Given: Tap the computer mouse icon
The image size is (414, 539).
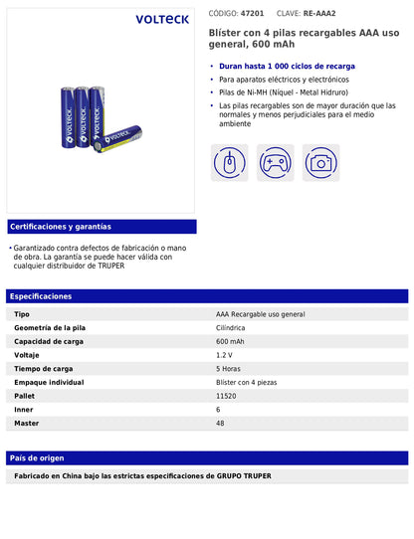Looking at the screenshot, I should pyautogui.click(x=230, y=162).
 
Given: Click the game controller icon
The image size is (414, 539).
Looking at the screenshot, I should pyautogui.click(x=276, y=162).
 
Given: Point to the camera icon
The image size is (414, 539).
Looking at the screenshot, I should pyautogui.click(x=320, y=162).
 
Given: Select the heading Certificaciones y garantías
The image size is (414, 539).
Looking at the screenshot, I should pyautogui.click(x=60, y=226).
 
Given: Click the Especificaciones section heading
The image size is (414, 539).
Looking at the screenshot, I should pyautogui.click(x=43, y=296).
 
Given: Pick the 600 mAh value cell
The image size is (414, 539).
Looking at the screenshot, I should pyautogui.click(x=230, y=341).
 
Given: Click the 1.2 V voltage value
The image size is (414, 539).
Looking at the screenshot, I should pyautogui.click(x=224, y=355).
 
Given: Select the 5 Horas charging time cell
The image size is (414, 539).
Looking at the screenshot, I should pyautogui.click(x=228, y=368).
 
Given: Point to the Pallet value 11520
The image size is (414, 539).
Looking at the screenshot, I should pyautogui.click(x=226, y=396).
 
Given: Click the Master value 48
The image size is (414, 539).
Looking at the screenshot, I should pyautogui.click(x=220, y=423).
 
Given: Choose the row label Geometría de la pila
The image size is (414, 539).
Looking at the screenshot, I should pyautogui.click(x=50, y=327).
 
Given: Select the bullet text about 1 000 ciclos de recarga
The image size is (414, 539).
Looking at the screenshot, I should pyautogui.click(x=287, y=66).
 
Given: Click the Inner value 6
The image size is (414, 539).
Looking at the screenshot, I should pyautogui.click(x=218, y=409).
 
